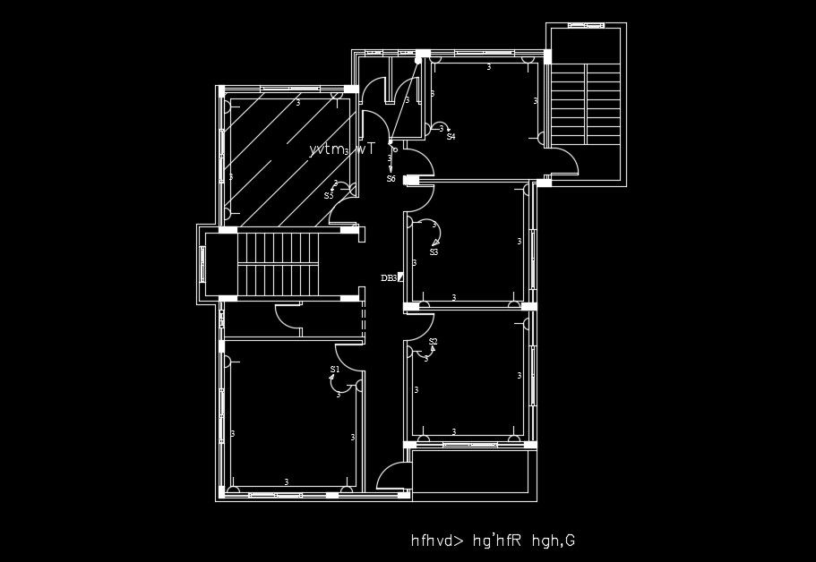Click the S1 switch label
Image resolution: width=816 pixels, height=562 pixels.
point(334,369)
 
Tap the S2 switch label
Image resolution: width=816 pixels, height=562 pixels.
point(433,342)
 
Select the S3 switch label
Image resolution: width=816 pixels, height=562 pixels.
point(434,252)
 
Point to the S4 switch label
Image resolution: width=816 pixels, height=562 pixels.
point(451,137)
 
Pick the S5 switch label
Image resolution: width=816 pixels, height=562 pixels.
point(329,195)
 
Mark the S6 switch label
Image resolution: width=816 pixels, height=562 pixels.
point(391,179)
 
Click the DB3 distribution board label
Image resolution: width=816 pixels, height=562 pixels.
point(389,278)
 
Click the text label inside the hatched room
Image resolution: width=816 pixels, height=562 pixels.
point(341,150)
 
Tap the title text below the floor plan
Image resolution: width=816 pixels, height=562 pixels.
point(492,541)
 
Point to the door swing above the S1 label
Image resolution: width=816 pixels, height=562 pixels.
point(348,355)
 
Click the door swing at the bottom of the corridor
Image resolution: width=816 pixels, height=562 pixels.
point(394,476)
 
